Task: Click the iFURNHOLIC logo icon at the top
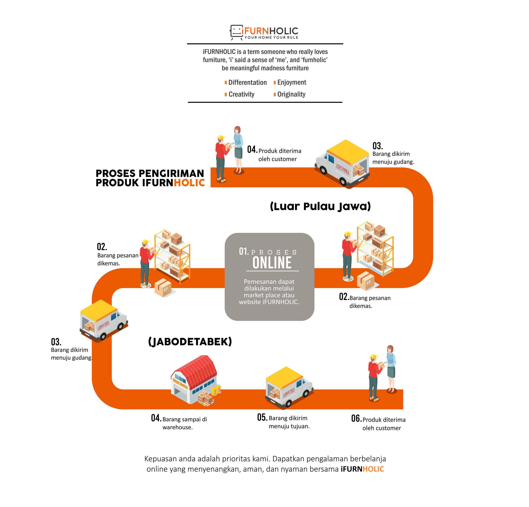point(236,32)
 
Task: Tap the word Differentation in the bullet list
point(248,82)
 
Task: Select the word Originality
point(291,94)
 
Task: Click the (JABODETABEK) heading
point(190,342)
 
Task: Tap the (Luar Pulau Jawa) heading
point(320,207)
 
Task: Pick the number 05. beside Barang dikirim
point(262,417)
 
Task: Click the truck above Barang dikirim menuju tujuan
point(289,388)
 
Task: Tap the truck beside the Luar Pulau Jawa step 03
point(342,163)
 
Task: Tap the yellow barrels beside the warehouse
point(216,390)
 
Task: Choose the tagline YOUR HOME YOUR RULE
point(271,38)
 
